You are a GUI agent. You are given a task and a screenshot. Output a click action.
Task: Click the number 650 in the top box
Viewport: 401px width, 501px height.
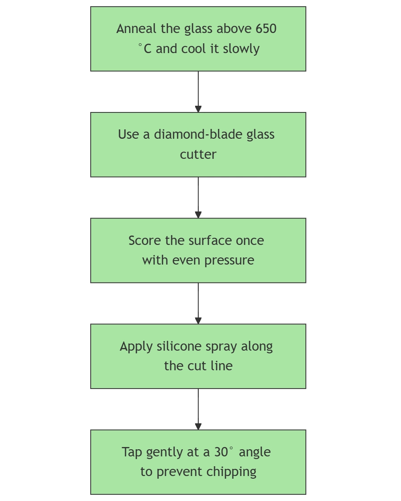coord(266,29)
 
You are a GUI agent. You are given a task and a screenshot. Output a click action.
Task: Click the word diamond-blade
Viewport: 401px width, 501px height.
coord(192,135)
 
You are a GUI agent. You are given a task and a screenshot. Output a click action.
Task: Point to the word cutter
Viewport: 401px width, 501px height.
coord(198,154)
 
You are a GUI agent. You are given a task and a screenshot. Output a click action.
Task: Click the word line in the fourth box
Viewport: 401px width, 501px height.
coord(222,366)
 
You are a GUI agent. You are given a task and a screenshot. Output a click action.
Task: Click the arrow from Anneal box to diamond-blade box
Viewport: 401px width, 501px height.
coord(198,91)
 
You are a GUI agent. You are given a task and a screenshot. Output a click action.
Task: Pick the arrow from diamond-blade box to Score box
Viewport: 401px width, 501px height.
coord(198,197)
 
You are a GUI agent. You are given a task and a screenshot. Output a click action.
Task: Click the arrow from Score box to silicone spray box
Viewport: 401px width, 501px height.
coord(198,303)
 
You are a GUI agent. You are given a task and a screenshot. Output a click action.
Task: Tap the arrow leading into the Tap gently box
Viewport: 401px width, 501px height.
coord(198,409)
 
